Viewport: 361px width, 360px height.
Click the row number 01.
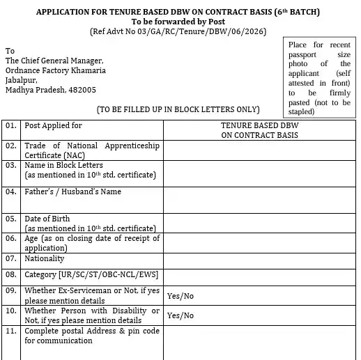click(x=10, y=126)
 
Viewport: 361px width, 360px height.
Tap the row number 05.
click(x=10, y=219)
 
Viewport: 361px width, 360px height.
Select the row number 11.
click(x=10, y=331)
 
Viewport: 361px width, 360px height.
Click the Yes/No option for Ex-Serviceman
click(x=180, y=296)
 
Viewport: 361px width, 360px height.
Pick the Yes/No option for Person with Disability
click(x=180, y=315)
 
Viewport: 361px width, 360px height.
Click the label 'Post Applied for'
click(x=53, y=126)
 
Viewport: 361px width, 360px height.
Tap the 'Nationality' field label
click(x=45, y=258)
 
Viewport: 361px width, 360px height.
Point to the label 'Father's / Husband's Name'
click(x=72, y=191)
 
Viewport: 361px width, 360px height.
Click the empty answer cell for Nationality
click(x=259, y=258)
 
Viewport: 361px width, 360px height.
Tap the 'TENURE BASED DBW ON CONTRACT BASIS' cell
click(x=259, y=130)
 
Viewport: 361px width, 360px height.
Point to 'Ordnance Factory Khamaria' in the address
click(x=56, y=70)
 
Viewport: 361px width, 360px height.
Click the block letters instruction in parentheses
click(x=178, y=109)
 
